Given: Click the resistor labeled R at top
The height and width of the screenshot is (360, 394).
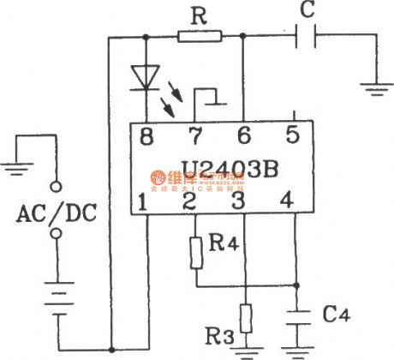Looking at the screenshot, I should pos(200,36).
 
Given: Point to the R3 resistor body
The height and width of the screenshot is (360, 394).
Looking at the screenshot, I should pos(246,318).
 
